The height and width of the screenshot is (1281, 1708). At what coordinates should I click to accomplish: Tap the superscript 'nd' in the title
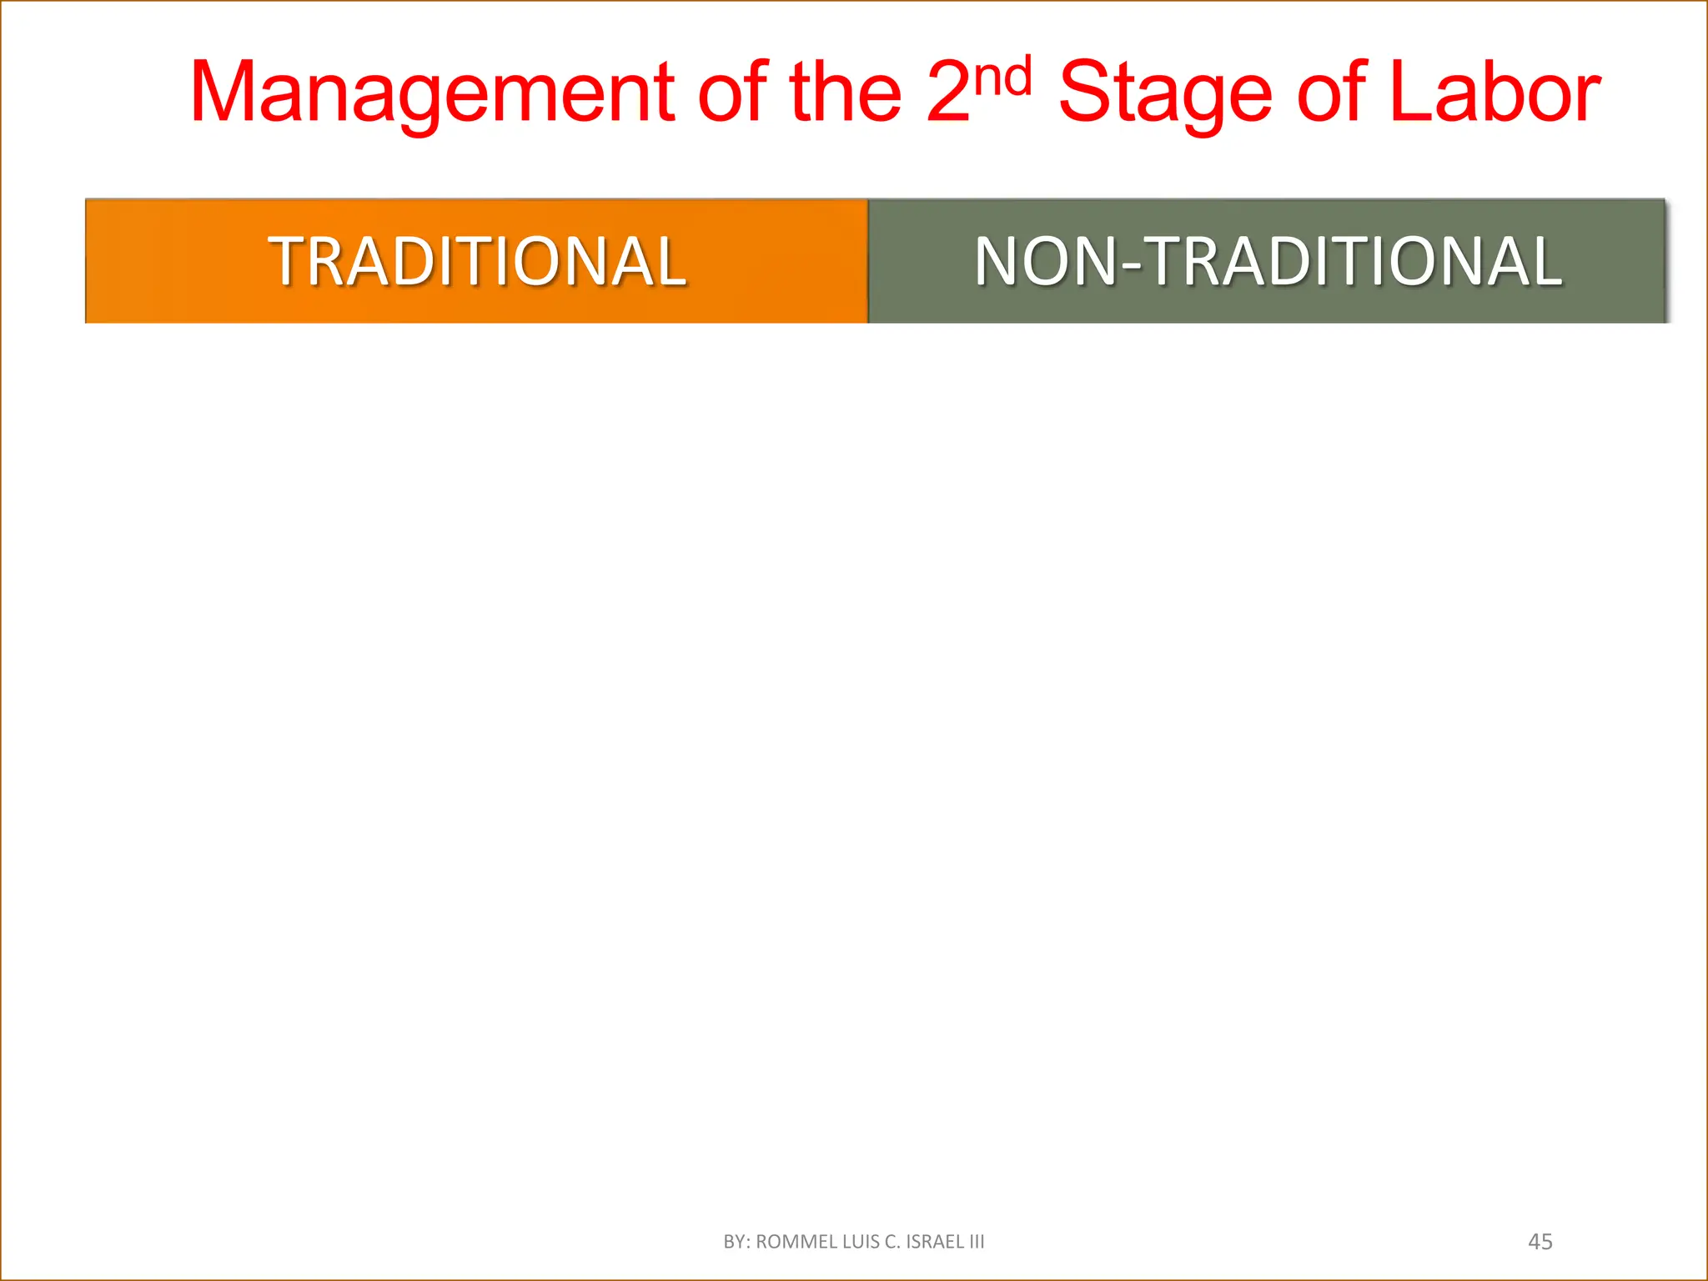tap(1004, 77)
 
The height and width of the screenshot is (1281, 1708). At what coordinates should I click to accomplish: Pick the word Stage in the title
tap(1166, 93)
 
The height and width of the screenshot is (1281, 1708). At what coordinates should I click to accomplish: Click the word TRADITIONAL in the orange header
tap(477, 262)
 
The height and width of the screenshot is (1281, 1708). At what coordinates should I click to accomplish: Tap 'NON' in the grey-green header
tap(1044, 262)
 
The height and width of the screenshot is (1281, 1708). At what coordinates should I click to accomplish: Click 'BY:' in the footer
tap(736, 1242)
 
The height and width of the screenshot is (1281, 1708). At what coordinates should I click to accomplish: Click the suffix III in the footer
tap(977, 1242)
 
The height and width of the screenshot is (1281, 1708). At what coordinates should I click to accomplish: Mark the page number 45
tap(1540, 1242)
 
